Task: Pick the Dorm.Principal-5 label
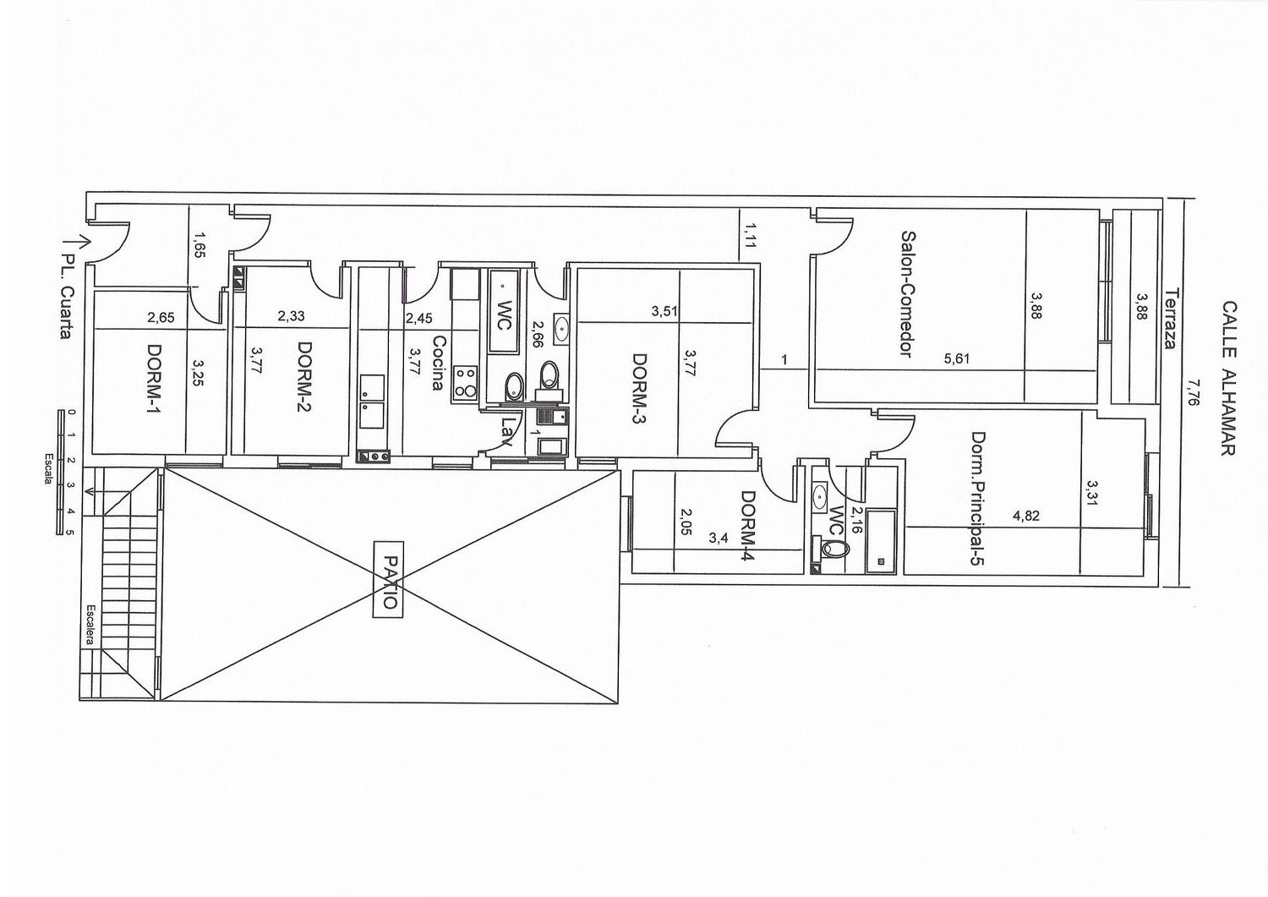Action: click(978, 499)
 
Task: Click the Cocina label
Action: click(439, 363)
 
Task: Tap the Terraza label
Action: click(1171, 319)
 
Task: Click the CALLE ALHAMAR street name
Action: click(1227, 378)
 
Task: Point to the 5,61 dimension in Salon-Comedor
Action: click(957, 358)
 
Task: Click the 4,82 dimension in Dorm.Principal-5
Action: click(1025, 516)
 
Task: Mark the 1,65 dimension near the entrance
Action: click(199, 244)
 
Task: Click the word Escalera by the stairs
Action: click(90, 626)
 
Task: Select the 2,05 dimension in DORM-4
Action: click(686, 522)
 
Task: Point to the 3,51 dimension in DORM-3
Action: click(664, 311)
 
